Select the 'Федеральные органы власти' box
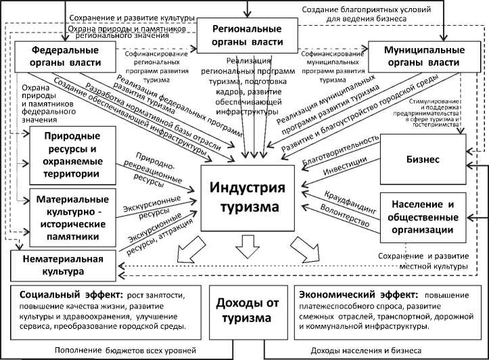click(66, 56)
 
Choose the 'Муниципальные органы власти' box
click(420, 57)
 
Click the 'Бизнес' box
click(423, 159)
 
